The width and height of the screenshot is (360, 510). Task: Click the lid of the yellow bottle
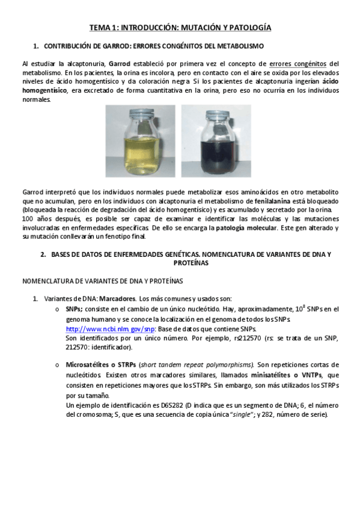click(x=142, y=114)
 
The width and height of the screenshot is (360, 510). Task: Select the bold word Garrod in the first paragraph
click(x=120, y=64)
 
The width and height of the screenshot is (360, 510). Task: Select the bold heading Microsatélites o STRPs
click(x=100, y=365)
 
